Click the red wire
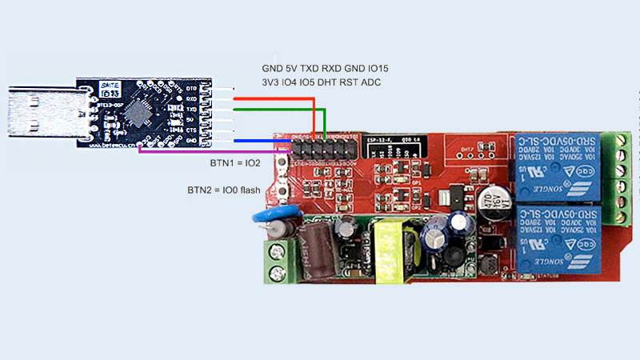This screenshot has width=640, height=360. click(272, 99)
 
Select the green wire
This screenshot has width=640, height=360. click(280, 110)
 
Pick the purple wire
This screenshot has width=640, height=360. click(216, 150)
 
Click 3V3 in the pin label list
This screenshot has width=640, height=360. click(271, 82)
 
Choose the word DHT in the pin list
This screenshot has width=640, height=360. click(326, 82)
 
